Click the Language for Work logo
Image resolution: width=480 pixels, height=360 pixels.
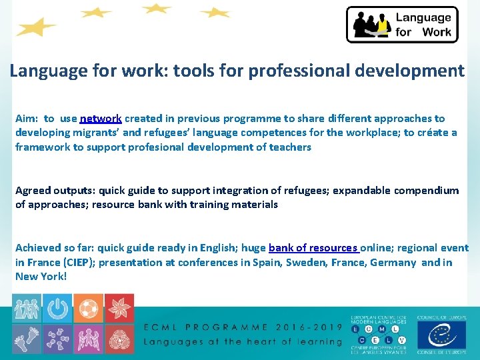coord(402,25)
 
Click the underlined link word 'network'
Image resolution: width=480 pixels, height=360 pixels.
coord(100,119)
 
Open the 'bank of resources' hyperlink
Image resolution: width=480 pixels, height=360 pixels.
coord(314,248)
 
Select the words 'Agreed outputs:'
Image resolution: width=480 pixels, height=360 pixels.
coord(52,191)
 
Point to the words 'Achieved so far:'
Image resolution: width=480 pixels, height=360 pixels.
coord(56,248)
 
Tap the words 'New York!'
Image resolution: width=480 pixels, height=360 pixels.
coord(41,276)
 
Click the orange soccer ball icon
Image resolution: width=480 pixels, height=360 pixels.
coord(88,308)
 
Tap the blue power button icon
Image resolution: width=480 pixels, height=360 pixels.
coord(58,308)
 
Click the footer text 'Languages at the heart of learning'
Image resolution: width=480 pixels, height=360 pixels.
coord(243,341)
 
